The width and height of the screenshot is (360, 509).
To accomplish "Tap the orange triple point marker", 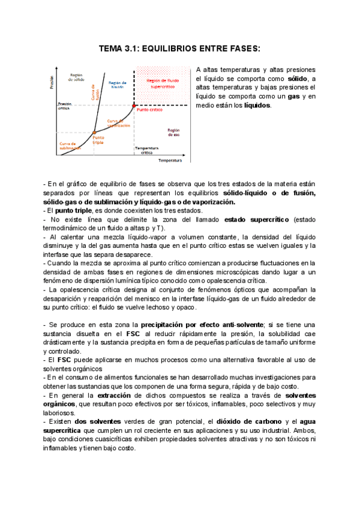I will point(95,131).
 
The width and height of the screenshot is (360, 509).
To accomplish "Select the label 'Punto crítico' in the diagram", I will point(148,110).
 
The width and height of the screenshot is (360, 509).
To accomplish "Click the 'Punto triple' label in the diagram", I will point(98,140).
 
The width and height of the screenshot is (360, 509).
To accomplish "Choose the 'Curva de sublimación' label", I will point(70,146).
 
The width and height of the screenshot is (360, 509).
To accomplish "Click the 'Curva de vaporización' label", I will point(119,123).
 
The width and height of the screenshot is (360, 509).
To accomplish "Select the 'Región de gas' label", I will point(173,131).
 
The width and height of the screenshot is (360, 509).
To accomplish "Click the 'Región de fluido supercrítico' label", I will point(162,83).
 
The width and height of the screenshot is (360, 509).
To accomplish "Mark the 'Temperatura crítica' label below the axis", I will point(146,150).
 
